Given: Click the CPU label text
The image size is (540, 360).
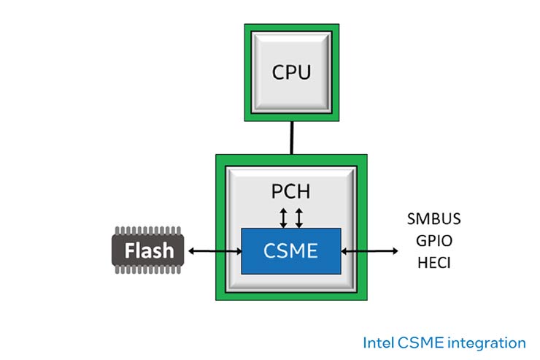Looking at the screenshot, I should [291, 72].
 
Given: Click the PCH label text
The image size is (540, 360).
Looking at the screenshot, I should [290, 192].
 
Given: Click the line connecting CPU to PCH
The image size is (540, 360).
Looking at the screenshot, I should [291, 137].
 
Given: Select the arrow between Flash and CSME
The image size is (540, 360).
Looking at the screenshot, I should [215, 251].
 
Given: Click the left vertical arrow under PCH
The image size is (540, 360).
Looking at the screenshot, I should [284, 218].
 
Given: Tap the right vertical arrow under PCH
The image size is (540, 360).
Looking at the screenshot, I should [298, 218].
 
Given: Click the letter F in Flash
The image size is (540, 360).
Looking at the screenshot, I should [129, 251].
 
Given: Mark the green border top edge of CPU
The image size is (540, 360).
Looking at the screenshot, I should [291, 28].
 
